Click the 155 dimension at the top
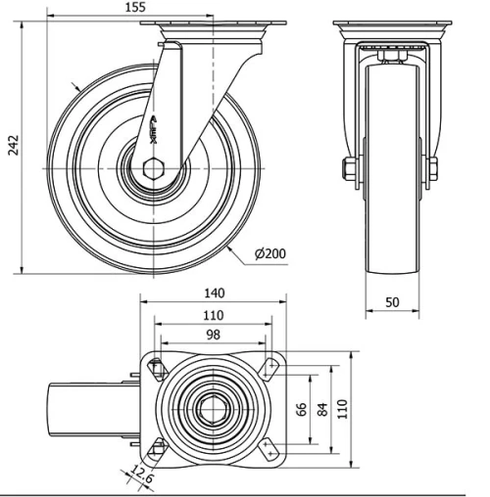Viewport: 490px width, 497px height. pos(136,7)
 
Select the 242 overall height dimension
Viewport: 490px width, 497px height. pos(11,145)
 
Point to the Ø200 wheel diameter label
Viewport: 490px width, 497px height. pos(269,254)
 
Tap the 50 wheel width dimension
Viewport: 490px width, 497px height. pos(391,303)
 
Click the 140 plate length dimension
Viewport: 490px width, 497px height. pos(215,293)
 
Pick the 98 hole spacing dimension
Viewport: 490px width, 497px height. pos(214,336)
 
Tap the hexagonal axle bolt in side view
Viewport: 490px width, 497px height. pos(156,170)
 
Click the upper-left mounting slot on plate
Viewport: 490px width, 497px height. pos(155,367)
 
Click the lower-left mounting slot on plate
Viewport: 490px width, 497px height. pos(155,450)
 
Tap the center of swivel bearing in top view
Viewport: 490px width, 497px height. pos(214,408)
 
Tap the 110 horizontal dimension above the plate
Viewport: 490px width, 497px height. pos(214,315)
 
